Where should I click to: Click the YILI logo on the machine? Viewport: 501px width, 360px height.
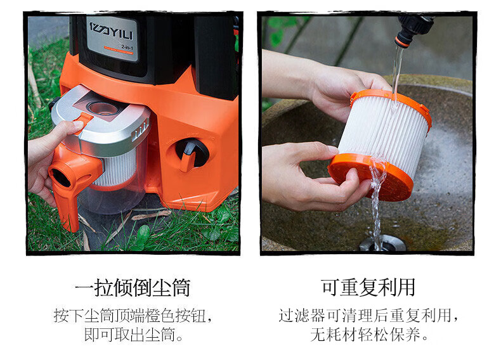coord(110,31)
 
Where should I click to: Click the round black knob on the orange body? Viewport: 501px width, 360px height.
coord(192,153)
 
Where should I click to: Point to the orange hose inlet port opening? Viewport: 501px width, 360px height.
coord(61,177)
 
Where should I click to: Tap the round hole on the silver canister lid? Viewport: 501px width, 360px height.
coord(103,108)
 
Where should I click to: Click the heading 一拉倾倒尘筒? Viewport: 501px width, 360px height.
coord(133,288)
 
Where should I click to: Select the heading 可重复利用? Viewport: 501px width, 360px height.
coord(368,287)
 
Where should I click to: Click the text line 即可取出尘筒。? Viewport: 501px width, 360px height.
coord(133,335)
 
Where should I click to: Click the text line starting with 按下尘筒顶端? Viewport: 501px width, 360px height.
coord(133,316)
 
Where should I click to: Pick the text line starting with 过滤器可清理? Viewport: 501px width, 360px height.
coord(368,316)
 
